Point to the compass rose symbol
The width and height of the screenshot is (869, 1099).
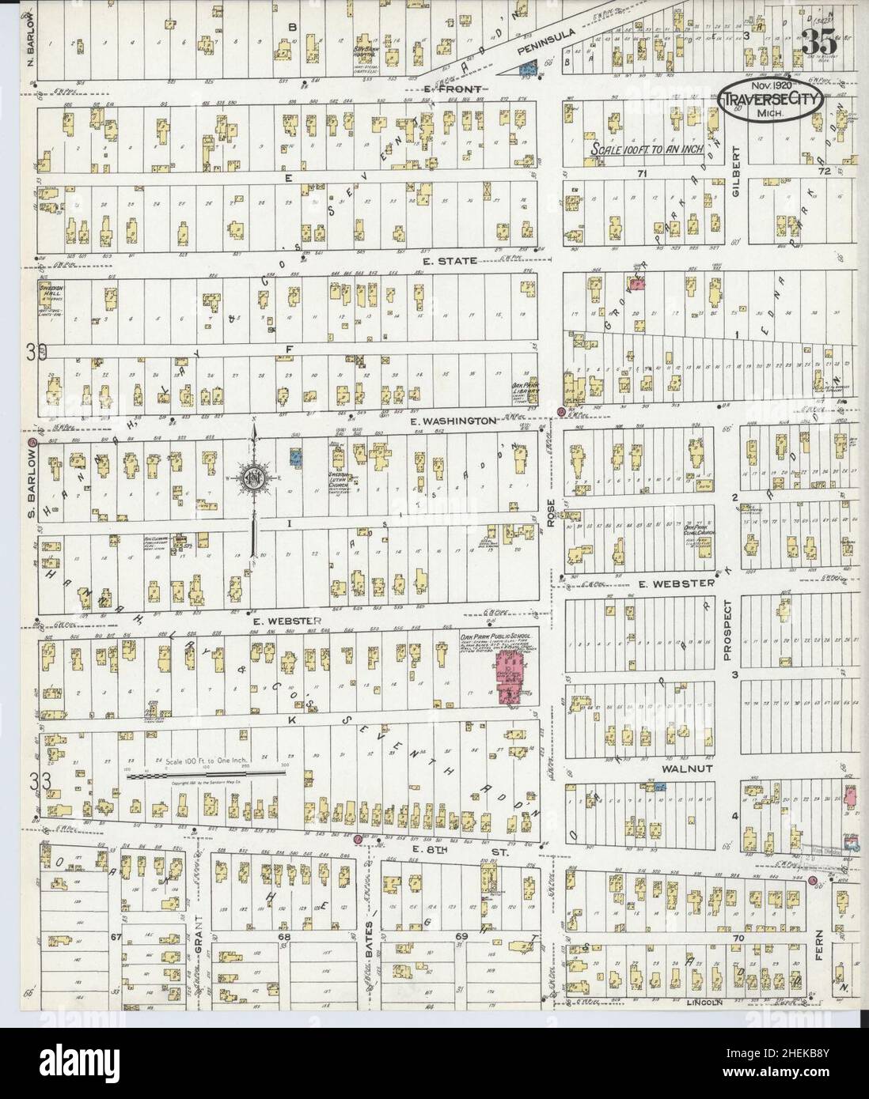point(255,478)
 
